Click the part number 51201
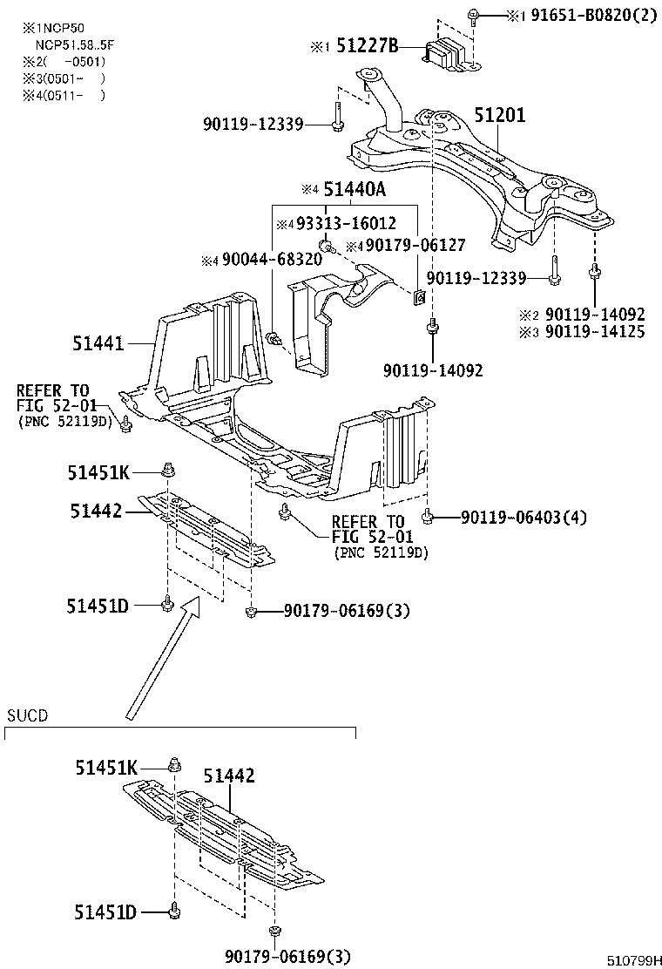(500, 115)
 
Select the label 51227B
(361, 48)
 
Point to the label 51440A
(355, 190)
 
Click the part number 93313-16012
(345, 223)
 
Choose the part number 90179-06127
(415, 246)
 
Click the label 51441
(100, 345)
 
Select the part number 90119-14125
(596, 332)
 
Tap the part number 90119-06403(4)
(524, 518)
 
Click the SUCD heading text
(27, 715)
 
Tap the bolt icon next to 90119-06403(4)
(428, 518)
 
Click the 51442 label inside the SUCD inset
(230, 775)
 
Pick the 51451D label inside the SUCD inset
(105, 912)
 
